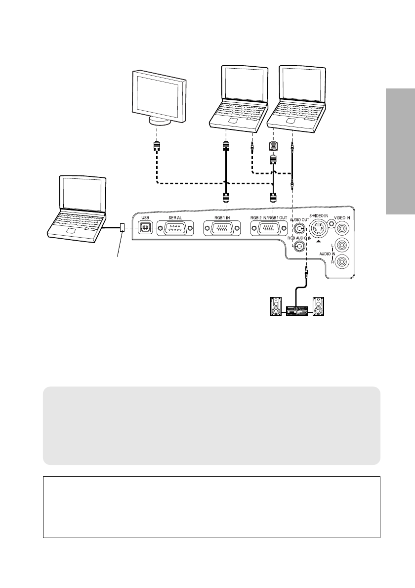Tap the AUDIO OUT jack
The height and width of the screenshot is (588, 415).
[299, 228]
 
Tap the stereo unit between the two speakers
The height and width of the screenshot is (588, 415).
[297, 311]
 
